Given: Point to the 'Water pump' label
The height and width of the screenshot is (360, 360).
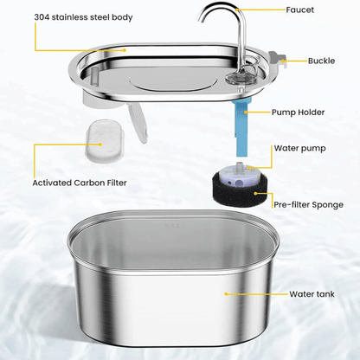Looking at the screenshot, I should click(x=300, y=147).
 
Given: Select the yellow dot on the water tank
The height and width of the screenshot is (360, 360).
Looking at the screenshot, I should click(x=226, y=293).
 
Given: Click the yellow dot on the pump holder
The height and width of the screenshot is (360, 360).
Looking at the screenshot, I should click(x=247, y=112).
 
